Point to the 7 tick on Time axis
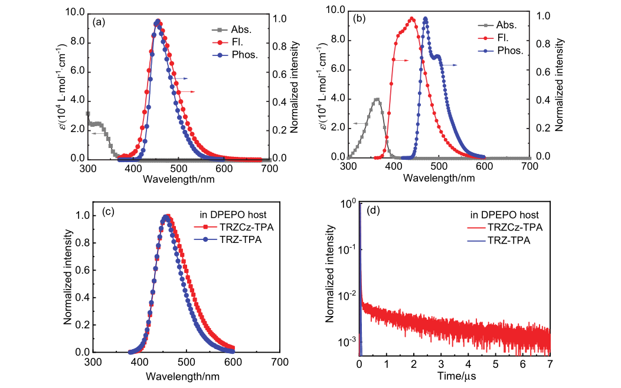550,364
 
